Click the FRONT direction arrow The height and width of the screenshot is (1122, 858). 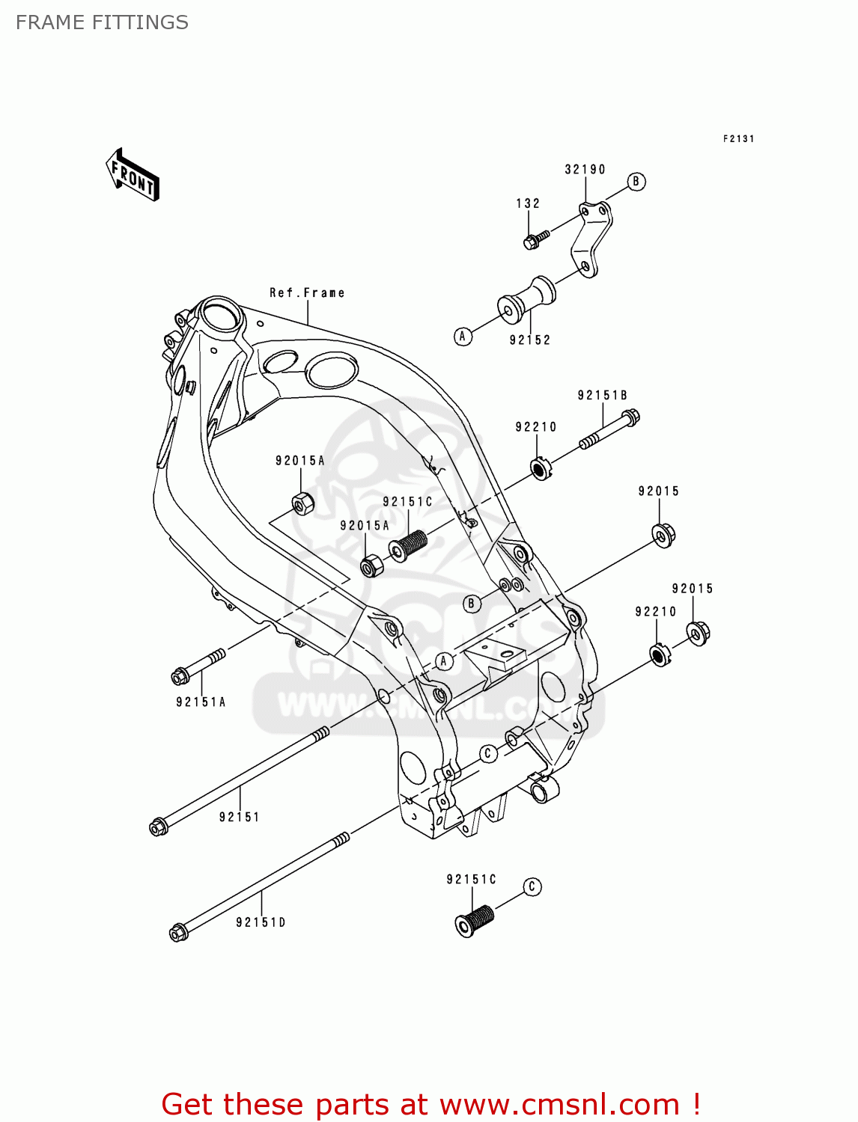(x=133, y=176)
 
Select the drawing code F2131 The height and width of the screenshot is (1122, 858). (x=738, y=139)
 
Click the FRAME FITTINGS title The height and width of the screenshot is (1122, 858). (x=102, y=22)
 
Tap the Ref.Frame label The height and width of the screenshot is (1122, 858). (x=307, y=293)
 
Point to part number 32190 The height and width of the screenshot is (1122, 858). (x=585, y=170)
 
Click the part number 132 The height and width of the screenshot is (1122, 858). (x=528, y=203)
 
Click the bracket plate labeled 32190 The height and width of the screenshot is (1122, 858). (x=591, y=239)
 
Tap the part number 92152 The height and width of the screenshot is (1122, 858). (x=530, y=340)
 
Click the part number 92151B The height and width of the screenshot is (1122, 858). (x=602, y=396)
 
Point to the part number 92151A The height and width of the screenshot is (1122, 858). (x=201, y=702)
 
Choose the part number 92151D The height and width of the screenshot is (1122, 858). (x=261, y=923)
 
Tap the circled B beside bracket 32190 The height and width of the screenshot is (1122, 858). (x=636, y=182)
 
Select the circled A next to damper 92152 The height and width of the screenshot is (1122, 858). (x=463, y=337)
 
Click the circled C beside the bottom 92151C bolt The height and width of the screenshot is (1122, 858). (x=532, y=887)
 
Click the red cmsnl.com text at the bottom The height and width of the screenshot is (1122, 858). (x=430, y=1104)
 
